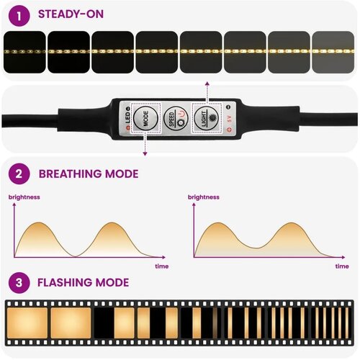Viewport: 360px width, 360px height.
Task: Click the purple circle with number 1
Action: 19,16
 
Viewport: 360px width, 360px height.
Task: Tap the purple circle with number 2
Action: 19,174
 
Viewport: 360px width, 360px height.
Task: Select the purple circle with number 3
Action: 19,282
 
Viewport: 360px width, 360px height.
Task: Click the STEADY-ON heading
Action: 71,14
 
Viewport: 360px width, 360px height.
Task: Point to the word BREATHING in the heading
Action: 71,174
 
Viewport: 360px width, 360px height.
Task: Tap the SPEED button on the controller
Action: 176,118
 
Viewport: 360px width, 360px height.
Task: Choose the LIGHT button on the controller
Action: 206,117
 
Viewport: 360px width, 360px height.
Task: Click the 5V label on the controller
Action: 230,119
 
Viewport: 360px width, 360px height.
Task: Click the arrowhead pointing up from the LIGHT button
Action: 207,84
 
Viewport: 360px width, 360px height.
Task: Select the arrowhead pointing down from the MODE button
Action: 145,154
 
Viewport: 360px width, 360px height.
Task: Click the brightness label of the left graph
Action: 24,197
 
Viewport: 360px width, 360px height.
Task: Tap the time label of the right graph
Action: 342,266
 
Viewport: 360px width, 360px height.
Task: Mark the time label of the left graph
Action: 162,266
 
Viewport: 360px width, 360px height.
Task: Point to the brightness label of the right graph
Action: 204,197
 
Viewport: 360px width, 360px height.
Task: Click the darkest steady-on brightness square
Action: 24,52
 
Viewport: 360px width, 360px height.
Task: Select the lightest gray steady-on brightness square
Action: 333,52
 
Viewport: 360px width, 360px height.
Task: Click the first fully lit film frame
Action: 27,323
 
